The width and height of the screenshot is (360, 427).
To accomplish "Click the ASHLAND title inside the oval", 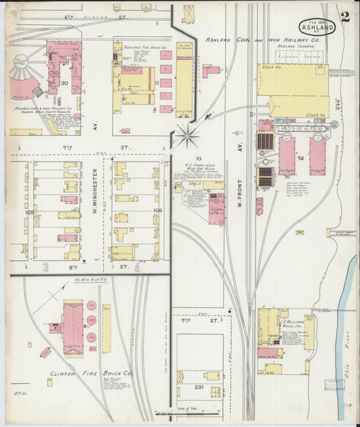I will tap(317, 28).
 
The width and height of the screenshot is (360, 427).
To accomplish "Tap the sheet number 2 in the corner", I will tap(345, 17).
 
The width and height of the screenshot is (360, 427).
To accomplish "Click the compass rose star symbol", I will tap(188, 136).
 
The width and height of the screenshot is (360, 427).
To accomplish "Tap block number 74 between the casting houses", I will tap(301, 158).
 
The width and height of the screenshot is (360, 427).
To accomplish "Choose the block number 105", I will tap(29, 211).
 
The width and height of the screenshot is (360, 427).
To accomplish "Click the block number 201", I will tap(199, 388).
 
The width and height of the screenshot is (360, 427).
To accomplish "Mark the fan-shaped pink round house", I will tap(22, 78).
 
